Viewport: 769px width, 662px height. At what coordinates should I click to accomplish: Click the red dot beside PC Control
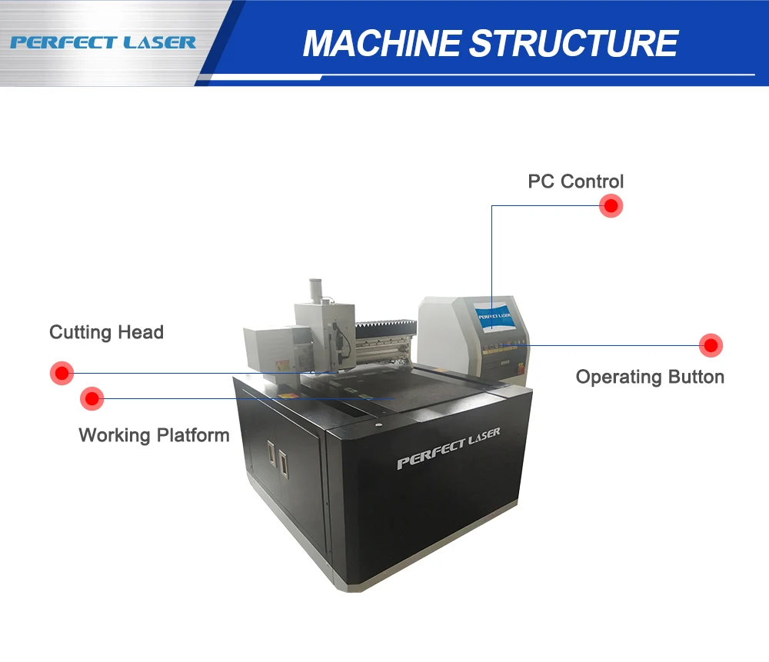click(611, 206)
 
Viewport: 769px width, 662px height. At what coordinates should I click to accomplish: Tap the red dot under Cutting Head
click(61, 373)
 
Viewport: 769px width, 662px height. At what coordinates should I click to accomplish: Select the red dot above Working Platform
click(92, 398)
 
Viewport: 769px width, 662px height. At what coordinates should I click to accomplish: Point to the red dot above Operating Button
click(711, 345)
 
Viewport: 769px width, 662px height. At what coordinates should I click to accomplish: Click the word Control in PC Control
click(592, 182)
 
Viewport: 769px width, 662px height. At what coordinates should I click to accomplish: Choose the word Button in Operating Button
click(694, 377)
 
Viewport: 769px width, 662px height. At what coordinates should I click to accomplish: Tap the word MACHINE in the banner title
click(383, 43)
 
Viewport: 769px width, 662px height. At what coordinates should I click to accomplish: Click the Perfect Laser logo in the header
click(103, 42)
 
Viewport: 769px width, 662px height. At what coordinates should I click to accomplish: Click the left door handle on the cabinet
click(270, 454)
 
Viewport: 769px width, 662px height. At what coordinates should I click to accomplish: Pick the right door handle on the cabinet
click(283, 461)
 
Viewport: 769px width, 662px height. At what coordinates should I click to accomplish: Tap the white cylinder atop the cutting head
click(315, 291)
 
